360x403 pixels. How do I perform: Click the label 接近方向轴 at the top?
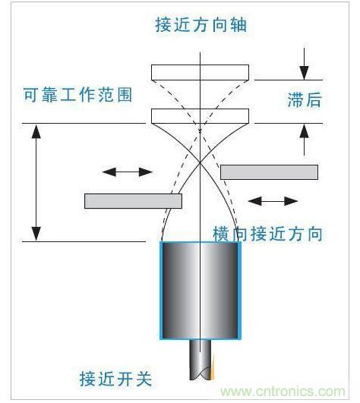pyautogui.click(x=201, y=25)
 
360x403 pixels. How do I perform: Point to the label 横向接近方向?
pyautogui.click(x=267, y=234)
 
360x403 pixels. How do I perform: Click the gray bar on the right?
pyautogui.click(x=269, y=172)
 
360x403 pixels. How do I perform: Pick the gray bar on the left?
pyautogui.click(x=134, y=200)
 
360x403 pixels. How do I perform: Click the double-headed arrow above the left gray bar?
pyautogui.click(x=128, y=172)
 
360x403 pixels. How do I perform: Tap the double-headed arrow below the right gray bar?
pyautogui.click(x=273, y=201)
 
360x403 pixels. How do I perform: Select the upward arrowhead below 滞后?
pyautogui.click(x=304, y=131)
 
